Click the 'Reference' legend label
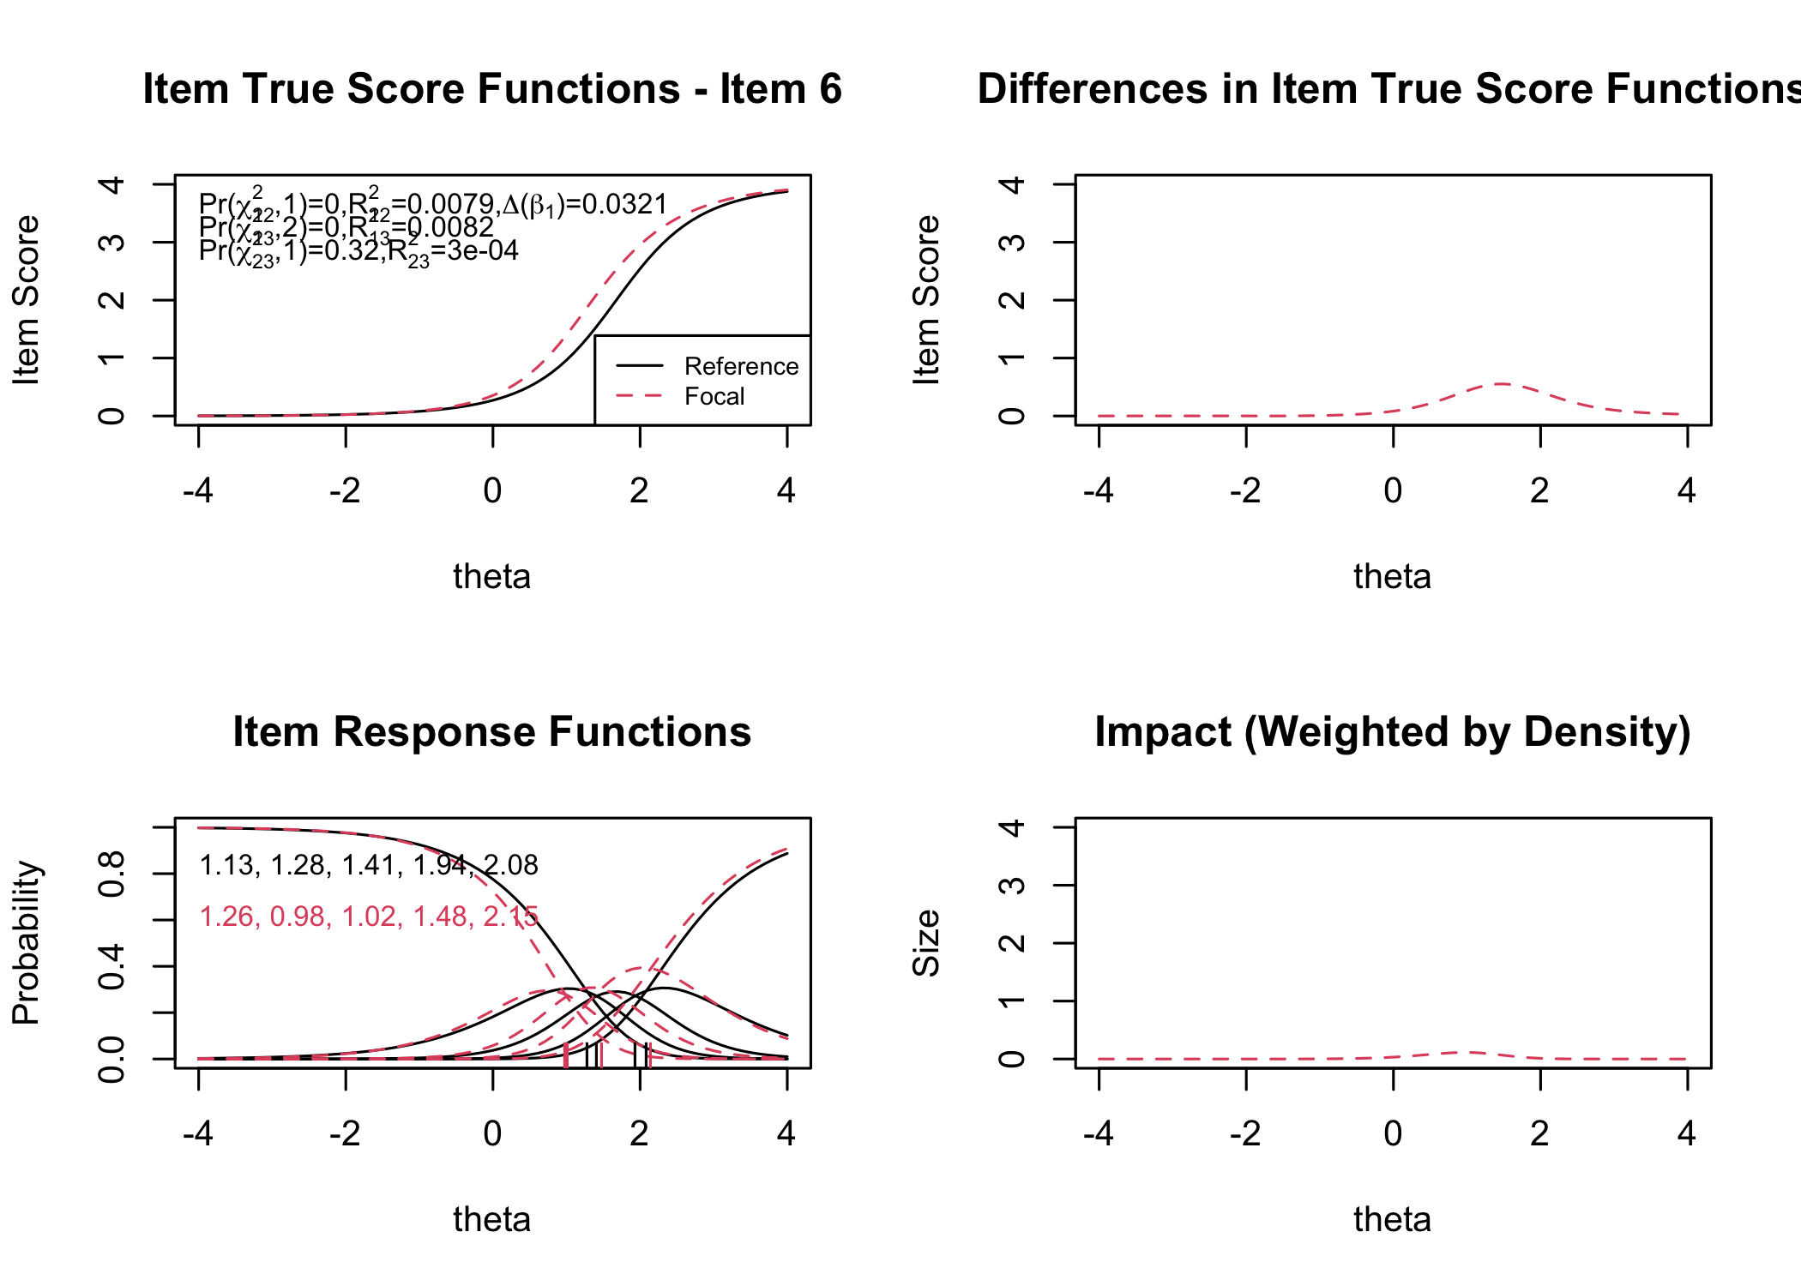741,366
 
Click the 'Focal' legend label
714,396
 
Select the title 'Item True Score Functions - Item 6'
492,89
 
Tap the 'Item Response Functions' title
492,732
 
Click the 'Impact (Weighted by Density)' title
1393,732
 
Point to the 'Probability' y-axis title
27,942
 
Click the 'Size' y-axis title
927,942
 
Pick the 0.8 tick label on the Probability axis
112,874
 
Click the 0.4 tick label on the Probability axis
112,966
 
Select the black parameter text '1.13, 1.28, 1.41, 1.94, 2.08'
369,865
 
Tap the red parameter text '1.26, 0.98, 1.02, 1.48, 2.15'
369,916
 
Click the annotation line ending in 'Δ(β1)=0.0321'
433,204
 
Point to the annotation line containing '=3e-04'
358,251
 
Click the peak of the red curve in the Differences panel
1502,384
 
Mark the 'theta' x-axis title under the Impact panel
1393,1219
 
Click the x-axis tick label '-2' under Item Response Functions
345,1133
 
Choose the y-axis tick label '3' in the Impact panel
1013,885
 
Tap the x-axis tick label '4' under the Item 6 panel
786,490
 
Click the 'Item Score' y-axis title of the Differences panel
927,299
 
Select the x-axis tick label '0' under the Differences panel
1393,490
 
